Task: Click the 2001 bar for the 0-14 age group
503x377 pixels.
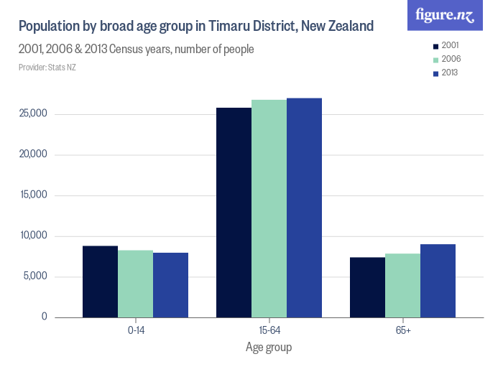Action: [x=100, y=281]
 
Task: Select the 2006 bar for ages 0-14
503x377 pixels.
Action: [x=135, y=284]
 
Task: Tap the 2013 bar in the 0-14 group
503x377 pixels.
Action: [x=170, y=285]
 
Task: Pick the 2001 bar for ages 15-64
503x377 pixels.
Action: [x=234, y=213]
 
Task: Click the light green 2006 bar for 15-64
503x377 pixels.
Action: [x=269, y=209]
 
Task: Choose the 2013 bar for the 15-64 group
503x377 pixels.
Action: [x=304, y=208]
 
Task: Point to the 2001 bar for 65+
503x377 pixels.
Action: [x=367, y=287]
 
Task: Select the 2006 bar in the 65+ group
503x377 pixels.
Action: [x=402, y=285]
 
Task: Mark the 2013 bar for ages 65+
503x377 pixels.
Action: [x=438, y=281]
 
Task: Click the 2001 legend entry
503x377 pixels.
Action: [x=445, y=45]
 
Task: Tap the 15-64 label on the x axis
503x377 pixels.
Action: [x=269, y=330]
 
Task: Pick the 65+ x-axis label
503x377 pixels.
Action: [x=402, y=330]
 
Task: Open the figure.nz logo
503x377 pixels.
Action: [x=445, y=16]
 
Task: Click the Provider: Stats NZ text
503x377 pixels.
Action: [x=47, y=68]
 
